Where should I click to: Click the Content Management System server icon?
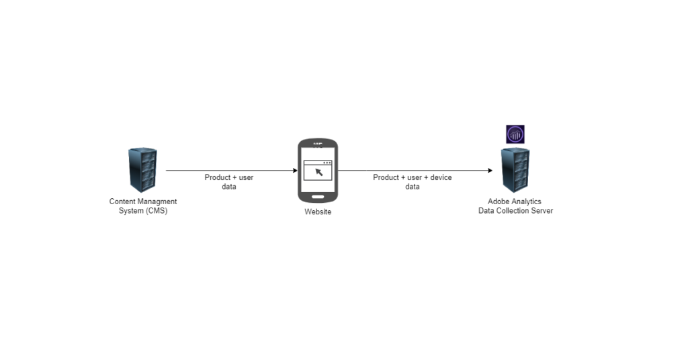pyautogui.click(x=142, y=170)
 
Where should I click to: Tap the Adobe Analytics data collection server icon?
pyautogui.click(x=515, y=170)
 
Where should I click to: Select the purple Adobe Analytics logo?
pyautogui.click(x=515, y=134)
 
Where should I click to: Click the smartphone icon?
pyautogui.click(x=318, y=171)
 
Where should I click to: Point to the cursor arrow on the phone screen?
pyautogui.click(x=319, y=173)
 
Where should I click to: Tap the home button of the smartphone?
pyautogui.click(x=318, y=197)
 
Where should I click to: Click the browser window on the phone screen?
pyautogui.click(x=318, y=171)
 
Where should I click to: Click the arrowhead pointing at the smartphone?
pyautogui.click(x=295, y=171)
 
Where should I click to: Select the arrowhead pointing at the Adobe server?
pyautogui.click(x=490, y=171)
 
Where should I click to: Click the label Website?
pyautogui.click(x=318, y=212)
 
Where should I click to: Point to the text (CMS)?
pyautogui.click(x=155, y=211)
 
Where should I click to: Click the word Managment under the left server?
pyautogui.click(x=157, y=201)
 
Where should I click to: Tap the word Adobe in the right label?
pyautogui.click(x=498, y=201)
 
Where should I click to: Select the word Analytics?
pyautogui.click(x=525, y=201)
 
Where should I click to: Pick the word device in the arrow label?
pyautogui.click(x=441, y=177)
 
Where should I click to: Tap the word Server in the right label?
pyautogui.click(x=542, y=211)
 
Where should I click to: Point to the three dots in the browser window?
pyautogui.click(x=327, y=163)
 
